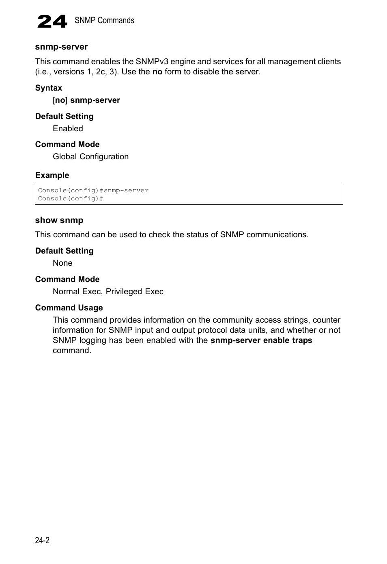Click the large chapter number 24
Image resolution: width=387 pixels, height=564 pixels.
pos(52,21)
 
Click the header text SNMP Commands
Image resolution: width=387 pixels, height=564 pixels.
pos(104,20)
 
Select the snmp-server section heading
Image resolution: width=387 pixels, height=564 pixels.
pos(61,47)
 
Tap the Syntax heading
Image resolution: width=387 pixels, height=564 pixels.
pos(49,88)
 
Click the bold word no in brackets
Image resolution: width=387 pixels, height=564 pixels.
pos(60,100)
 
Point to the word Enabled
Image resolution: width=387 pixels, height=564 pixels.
pos(68,128)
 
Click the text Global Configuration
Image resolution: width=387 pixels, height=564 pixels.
pos(90,156)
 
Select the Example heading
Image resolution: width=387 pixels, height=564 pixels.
pos(52,175)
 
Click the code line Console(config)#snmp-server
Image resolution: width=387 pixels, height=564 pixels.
pos(93,190)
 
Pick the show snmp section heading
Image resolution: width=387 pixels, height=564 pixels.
pos(59,220)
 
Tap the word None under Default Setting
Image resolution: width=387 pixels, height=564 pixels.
pos(62,263)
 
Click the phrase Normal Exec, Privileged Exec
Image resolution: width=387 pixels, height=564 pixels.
pos(108,291)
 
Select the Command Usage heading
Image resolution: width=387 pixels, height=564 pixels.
pos(69,308)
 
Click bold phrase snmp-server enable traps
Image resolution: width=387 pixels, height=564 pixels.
pos(261,340)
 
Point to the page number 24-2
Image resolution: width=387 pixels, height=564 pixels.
pos(42,540)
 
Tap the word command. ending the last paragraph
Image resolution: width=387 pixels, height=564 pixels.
pos(72,350)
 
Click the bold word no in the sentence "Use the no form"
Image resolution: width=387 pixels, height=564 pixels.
pos(157,72)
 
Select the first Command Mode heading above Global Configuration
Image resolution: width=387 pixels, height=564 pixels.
pos(67,144)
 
